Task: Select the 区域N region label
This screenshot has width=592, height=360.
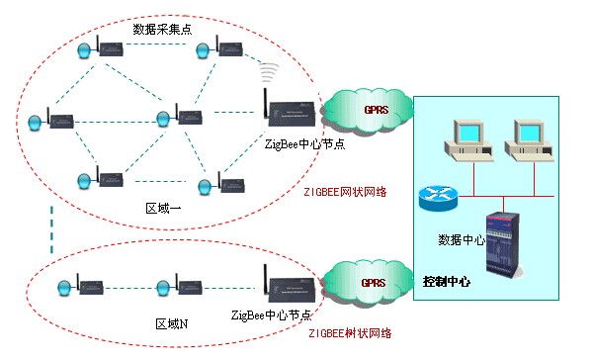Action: point(172,322)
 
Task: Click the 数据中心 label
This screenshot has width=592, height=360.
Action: point(461,240)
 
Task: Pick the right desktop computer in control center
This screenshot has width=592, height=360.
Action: point(526,139)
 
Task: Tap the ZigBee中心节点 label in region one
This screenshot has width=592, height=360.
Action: point(304,144)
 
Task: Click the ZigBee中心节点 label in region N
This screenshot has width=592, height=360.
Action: point(272,315)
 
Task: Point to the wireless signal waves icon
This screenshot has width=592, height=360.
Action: point(266,72)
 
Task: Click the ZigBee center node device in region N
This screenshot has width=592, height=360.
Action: point(287,286)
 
